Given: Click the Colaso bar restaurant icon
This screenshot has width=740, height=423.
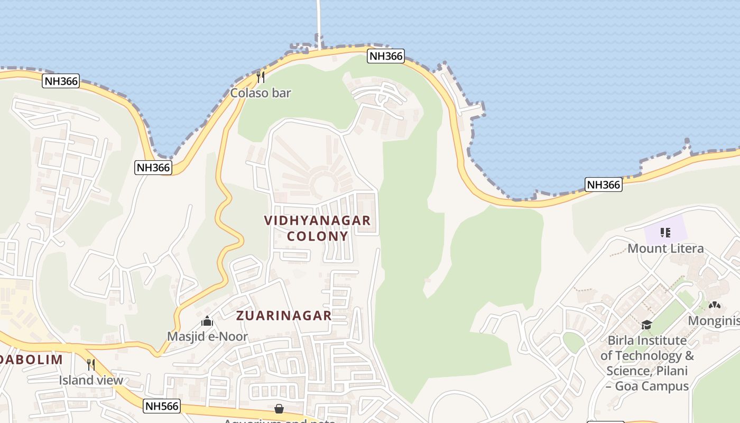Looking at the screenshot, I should [x=260, y=77].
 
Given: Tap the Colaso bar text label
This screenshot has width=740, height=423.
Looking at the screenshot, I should [x=261, y=93].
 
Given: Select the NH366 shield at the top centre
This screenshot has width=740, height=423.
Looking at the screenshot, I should [x=386, y=56].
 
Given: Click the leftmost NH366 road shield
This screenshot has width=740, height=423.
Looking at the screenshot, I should [x=61, y=81].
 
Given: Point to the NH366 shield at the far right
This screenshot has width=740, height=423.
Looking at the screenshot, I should [x=603, y=185].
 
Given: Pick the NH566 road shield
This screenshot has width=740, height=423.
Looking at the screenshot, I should [x=162, y=406].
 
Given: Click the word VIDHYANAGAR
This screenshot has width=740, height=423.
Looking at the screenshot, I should [x=317, y=220].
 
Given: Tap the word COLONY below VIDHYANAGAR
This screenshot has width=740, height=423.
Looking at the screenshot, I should [x=317, y=236].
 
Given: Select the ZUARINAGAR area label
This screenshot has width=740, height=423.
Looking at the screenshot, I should [x=284, y=316].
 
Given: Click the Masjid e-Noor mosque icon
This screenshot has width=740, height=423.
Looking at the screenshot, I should [x=207, y=321].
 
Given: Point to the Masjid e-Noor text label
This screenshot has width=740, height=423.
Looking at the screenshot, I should [x=207, y=336].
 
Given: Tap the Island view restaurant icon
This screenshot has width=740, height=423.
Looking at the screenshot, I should [x=91, y=364].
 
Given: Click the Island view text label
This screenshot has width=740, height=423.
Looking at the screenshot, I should [x=91, y=380].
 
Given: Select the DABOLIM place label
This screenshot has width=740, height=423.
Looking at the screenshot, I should [x=32, y=360].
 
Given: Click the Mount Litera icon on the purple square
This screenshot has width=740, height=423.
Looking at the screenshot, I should [x=665, y=232].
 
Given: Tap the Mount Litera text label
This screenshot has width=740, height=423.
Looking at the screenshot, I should [x=665, y=249].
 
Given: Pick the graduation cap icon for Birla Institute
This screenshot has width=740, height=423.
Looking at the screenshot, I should [x=646, y=325].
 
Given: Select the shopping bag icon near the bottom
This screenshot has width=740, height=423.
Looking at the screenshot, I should [x=279, y=409].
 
